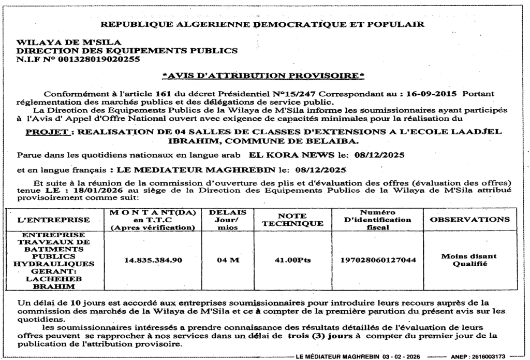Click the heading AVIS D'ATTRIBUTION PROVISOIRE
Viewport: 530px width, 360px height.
263,76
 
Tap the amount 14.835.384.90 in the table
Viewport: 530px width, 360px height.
153,260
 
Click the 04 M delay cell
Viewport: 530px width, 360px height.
228,260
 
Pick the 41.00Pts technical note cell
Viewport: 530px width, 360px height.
293,260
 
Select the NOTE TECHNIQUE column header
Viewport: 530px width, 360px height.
293,220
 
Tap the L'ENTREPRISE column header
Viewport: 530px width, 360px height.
54,220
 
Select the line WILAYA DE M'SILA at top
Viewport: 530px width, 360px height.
69,42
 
